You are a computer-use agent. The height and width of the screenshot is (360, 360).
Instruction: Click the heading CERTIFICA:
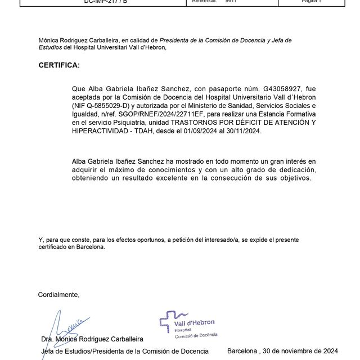click(x=59, y=65)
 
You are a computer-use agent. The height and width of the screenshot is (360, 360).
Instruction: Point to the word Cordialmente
click(x=58, y=294)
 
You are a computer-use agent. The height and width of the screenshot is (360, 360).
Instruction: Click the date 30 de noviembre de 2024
click(x=302, y=351)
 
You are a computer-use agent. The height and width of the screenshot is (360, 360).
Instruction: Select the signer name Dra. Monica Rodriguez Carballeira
click(x=92, y=339)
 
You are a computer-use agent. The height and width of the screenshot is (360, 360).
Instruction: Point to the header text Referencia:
click(x=204, y=2)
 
